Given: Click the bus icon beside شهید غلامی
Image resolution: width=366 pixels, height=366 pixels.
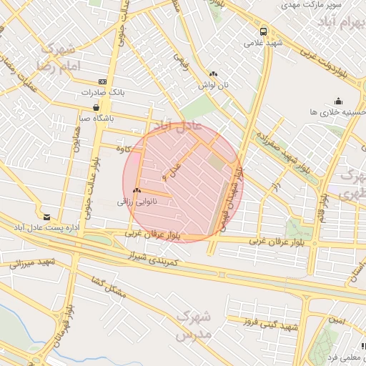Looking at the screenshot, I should [x=264, y=31].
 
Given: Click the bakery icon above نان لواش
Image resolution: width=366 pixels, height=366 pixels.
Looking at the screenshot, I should [x=214, y=74].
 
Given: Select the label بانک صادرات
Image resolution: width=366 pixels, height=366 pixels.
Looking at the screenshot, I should [x=103, y=92].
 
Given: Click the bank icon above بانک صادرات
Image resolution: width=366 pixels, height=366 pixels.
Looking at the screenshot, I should [x=103, y=81].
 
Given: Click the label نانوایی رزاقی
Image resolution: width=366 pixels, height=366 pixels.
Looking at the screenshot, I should [x=137, y=202].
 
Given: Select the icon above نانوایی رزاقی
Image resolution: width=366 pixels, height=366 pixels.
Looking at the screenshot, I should [x=136, y=191].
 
